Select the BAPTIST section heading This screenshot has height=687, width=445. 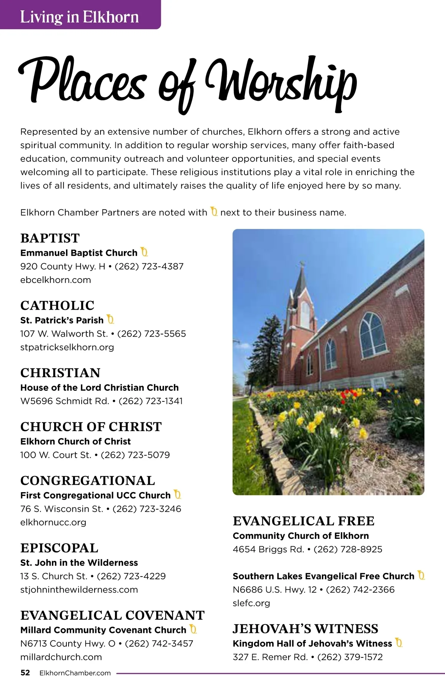[50, 238]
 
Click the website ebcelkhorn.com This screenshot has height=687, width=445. [56, 280]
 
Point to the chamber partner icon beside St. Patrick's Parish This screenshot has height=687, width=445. [110, 319]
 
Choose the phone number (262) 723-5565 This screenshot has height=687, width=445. [151, 334]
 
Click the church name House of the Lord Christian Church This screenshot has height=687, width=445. [99, 388]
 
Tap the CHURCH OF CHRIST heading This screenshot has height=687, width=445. [91, 427]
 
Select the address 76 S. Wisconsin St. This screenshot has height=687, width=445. [62, 509]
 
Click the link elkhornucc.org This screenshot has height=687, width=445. [53, 523]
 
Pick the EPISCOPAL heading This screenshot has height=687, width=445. [59, 548]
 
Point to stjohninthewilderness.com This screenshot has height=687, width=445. [79, 590]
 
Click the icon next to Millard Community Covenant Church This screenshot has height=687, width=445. [193, 629]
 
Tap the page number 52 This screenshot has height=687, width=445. [25, 673]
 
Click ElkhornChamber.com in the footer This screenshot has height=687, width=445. [75, 673]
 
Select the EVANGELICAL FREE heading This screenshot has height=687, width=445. [303, 521]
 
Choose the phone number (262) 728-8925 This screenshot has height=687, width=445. [348, 549]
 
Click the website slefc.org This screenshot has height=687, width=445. [251, 603]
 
